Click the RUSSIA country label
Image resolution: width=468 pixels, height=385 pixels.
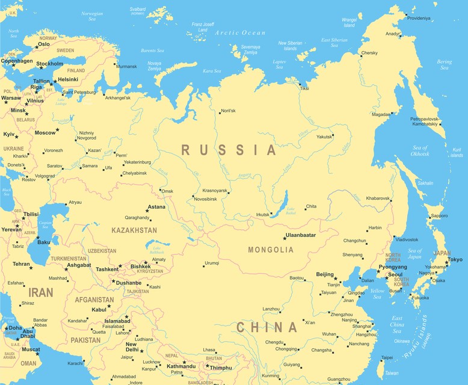coord(229,150)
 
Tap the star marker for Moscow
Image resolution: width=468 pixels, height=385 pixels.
coord(58,130)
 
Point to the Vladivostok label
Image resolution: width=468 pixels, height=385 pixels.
coord(407,239)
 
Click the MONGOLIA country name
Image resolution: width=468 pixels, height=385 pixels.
coord(271,250)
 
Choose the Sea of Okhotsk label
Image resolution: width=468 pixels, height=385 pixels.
coord(420,151)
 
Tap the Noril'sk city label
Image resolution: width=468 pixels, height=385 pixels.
coord(228,111)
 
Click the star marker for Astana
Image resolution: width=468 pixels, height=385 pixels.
coord(147,211)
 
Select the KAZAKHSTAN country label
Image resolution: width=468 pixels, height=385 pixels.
coord(134,230)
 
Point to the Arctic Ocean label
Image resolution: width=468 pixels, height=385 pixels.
coord(240,32)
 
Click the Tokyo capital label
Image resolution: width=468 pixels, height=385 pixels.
coord(455,259)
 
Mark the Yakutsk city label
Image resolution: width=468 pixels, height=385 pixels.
coord(324,137)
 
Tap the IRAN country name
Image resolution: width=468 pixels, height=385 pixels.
coord(42,292)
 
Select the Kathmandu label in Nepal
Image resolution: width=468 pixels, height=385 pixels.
coord(181,366)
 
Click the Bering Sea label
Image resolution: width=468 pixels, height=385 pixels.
coord(445,64)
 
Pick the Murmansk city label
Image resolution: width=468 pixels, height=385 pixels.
coord(126,66)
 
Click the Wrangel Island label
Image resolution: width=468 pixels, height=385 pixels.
coord(349,23)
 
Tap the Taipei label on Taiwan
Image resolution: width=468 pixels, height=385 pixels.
coord(387,357)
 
